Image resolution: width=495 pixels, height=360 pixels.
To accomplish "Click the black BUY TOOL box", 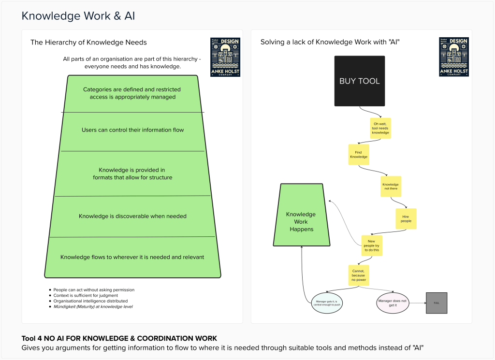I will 360,81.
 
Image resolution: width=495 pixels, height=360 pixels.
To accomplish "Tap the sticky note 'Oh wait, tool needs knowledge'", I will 380,128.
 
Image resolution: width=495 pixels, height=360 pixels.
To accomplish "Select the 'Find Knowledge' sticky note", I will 358,155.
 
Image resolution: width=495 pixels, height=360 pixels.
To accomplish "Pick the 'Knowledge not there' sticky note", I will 391,187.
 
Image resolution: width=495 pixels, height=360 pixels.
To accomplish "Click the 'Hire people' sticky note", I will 406,218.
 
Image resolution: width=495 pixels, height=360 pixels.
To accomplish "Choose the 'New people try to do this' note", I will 372,245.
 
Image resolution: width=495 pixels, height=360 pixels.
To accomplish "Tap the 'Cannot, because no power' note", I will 359,275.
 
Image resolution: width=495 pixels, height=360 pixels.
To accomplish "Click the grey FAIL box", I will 437,303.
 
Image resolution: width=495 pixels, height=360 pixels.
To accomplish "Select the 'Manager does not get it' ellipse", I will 392,303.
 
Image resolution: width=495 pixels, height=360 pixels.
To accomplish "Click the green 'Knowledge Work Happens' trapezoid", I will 301,222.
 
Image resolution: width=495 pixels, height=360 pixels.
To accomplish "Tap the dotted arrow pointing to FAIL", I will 416,303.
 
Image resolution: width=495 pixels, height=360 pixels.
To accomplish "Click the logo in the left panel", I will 225,57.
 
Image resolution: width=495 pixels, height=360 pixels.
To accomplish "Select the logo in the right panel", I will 454,57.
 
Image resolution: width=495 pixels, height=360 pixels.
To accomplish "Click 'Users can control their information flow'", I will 132,130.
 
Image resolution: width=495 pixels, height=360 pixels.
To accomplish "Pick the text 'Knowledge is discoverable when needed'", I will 132,216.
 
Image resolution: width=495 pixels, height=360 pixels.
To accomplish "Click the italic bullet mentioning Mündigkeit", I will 93,306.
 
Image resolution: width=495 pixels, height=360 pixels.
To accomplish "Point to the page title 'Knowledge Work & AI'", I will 78,16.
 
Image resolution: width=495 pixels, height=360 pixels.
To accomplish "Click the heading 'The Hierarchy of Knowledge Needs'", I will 88,43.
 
